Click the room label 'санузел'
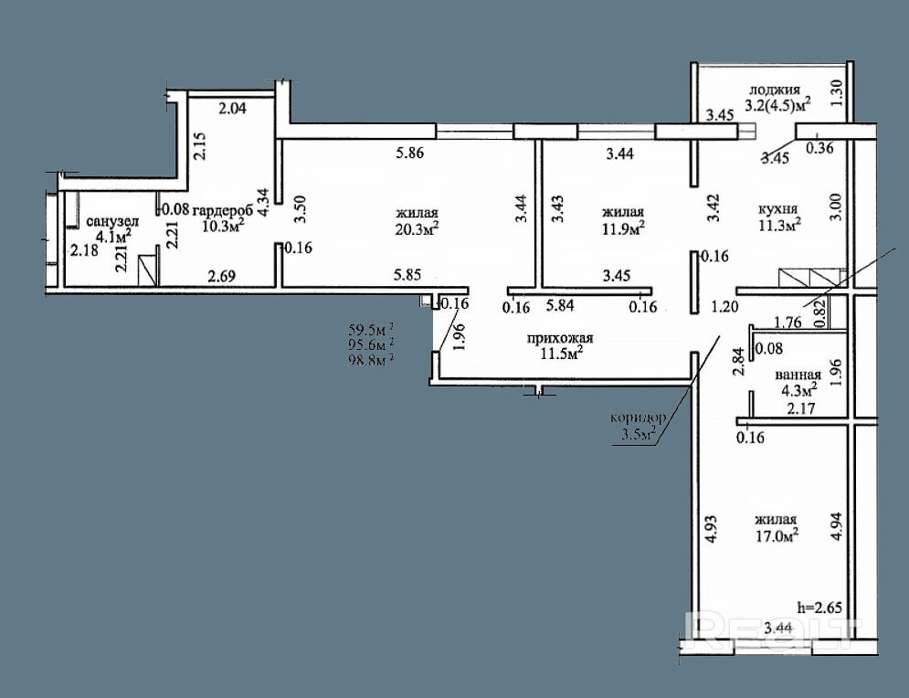click(x=112, y=221)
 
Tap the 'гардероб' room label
click(x=222, y=210)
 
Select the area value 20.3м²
click(x=417, y=229)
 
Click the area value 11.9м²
click(x=623, y=228)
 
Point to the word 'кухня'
click(x=778, y=208)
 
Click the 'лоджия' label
click(x=775, y=90)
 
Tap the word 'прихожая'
click(x=560, y=338)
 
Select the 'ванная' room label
click(x=798, y=375)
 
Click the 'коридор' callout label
click(x=638, y=417)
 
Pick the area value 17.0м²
click(x=777, y=535)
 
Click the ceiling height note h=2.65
click(x=819, y=608)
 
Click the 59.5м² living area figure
click(x=372, y=331)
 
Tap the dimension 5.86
click(x=409, y=153)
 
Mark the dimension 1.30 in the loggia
click(x=835, y=93)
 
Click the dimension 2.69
click(x=222, y=276)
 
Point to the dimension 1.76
click(x=787, y=322)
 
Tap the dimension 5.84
click(x=560, y=305)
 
